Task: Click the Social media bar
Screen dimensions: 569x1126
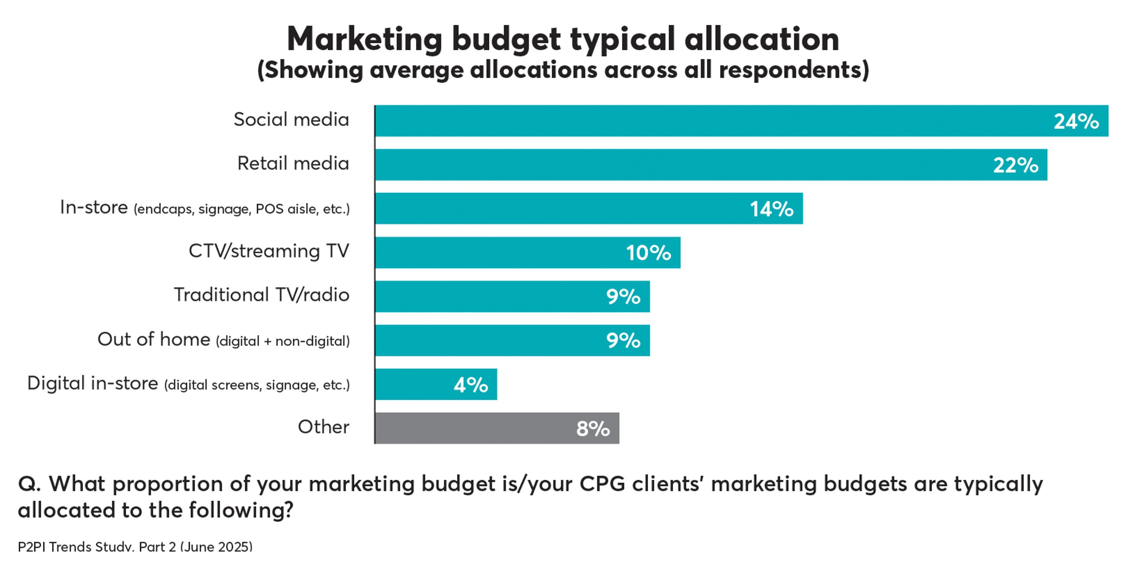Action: pyautogui.click(x=699, y=121)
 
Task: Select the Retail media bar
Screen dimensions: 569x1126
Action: pyautogui.click(x=656, y=165)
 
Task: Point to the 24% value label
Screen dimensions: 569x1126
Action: pyautogui.click(x=1076, y=122)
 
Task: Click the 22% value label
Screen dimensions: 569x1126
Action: pyautogui.click(x=1016, y=165)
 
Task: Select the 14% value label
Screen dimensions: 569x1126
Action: pyautogui.click(x=771, y=209)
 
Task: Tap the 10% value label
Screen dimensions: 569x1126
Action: pyautogui.click(x=648, y=252)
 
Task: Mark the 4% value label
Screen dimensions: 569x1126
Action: pyautogui.click(x=471, y=385)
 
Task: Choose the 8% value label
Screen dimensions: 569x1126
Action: pyautogui.click(x=593, y=428)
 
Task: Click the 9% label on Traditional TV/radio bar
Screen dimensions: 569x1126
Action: pyautogui.click(x=623, y=297)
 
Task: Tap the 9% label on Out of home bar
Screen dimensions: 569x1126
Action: pyautogui.click(x=623, y=340)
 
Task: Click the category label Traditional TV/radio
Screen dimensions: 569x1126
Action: pyautogui.click(x=262, y=294)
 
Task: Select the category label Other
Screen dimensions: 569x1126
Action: pyautogui.click(x=324, y=427)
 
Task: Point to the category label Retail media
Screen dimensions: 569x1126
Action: pyautogui.click(x=293, y=163)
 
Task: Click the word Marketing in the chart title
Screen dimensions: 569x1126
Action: pyautogui.click(x=365, y=39)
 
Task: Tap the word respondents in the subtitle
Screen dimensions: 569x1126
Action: pyautogui.click(x=793, y=70)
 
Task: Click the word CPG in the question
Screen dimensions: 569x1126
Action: pyautogui.click(x=602, y=484)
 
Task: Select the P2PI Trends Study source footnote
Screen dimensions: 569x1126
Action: pyautogui.click(x=135, y=547)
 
